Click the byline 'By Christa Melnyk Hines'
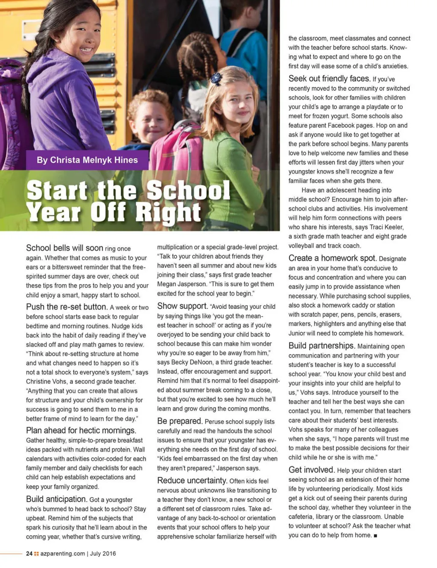87,160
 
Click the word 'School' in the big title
189,190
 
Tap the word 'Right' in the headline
168,212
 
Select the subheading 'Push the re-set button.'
67,307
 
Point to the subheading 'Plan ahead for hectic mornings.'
81,430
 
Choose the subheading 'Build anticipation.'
56,499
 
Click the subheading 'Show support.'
182,306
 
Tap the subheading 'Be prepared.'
180,421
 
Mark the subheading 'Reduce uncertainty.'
192,480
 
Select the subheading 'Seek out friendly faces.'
329,79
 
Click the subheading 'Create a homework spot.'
332,258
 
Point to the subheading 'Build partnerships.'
322,346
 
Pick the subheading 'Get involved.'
312,470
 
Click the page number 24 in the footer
29,553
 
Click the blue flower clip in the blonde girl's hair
216,78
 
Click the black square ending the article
376,536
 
